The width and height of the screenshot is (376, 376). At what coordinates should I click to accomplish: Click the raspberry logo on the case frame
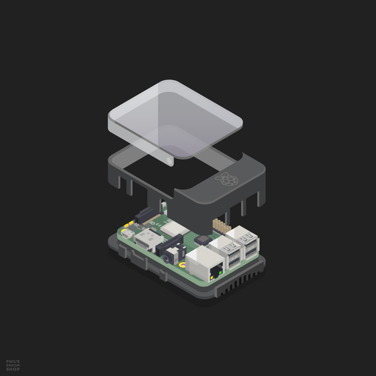pyautogui.click(x=226, y=179)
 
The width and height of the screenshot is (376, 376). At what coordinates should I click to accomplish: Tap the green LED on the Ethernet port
pyautogui.click(x=220, y=272)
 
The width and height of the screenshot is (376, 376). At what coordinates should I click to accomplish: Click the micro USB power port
pyautogui.click(x=128, y=234)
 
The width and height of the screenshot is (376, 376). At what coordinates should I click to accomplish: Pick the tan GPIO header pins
pyautogui.click(x=222, y=226)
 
